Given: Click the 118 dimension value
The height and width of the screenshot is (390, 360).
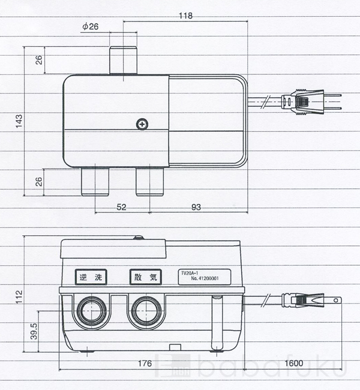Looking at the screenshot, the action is point(185,16).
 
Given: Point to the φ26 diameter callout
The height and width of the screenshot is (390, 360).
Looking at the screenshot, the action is point(91,26).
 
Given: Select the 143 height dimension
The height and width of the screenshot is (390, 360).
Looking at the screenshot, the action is point(19,121).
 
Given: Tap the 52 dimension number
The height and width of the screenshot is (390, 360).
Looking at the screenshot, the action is point(121,207).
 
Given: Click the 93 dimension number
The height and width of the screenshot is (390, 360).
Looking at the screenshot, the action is point(196,207).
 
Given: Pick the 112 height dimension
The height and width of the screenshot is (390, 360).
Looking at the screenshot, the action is point(19,297).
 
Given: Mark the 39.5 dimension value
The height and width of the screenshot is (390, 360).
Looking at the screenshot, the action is point(34,331).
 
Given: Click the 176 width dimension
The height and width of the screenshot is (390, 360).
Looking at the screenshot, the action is point(145,364).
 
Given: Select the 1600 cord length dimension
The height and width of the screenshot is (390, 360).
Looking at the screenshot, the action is point(294,364).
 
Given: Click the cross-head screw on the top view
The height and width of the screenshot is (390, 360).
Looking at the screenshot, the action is point(142,124).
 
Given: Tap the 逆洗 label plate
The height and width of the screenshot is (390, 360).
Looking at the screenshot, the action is point(91,277).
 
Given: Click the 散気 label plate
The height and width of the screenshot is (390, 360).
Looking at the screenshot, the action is point(146,277).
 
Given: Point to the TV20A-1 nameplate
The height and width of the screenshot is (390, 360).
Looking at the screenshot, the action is point(205,277).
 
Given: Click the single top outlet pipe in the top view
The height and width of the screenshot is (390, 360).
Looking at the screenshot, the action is point(124,60).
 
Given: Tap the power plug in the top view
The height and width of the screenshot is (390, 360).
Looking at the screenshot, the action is point(311,103).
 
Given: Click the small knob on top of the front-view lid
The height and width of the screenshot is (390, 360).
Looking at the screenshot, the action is point(139,237).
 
